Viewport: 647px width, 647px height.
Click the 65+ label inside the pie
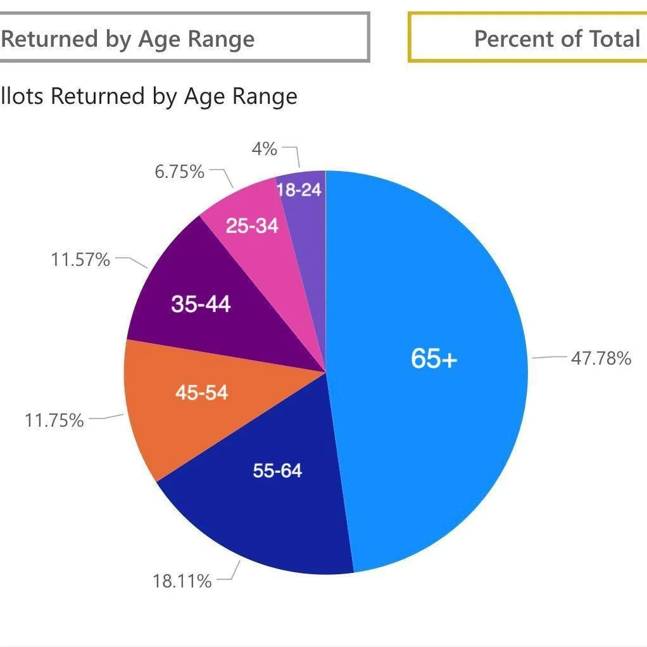point(434,358)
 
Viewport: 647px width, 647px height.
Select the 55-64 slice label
point(277,470)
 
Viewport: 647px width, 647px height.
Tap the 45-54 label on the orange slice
point(201,393)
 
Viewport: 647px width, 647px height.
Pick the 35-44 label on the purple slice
point(201,305)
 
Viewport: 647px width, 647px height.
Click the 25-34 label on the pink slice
point(252,225)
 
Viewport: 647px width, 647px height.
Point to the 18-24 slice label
point(299,189)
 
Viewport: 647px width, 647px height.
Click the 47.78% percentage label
point(601,358)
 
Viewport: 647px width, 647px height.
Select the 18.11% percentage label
point(182,581)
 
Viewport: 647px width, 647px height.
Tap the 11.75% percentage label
point(54,420)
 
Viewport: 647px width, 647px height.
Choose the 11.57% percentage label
point(80,259)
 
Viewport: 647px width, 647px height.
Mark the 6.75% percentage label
point(179,172)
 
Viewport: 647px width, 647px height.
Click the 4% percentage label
point(264,149)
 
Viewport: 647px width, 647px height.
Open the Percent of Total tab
point(556,39)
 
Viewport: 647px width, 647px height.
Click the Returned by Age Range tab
point(127,39)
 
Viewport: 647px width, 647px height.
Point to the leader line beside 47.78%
point(548,358)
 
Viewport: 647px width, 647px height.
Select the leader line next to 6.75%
point(223,177)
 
